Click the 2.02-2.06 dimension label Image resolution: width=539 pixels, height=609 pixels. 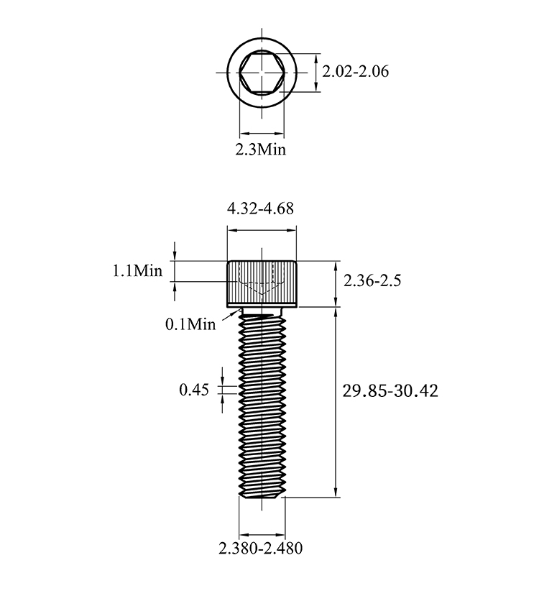point(355,72)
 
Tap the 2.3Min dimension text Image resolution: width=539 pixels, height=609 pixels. point(261,149)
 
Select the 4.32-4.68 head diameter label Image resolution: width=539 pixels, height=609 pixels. point(261,209)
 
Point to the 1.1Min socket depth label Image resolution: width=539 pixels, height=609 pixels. point(137,270)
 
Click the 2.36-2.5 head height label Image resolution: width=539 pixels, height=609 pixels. point(372,280)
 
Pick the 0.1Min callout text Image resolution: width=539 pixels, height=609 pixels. point(190,324)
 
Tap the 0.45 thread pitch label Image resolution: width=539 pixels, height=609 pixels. point(194,390)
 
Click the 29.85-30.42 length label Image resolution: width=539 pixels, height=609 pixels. point(390,390)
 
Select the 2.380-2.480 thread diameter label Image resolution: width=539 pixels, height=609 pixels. point(261,549)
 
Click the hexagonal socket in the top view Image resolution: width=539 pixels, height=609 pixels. point(262,72)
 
